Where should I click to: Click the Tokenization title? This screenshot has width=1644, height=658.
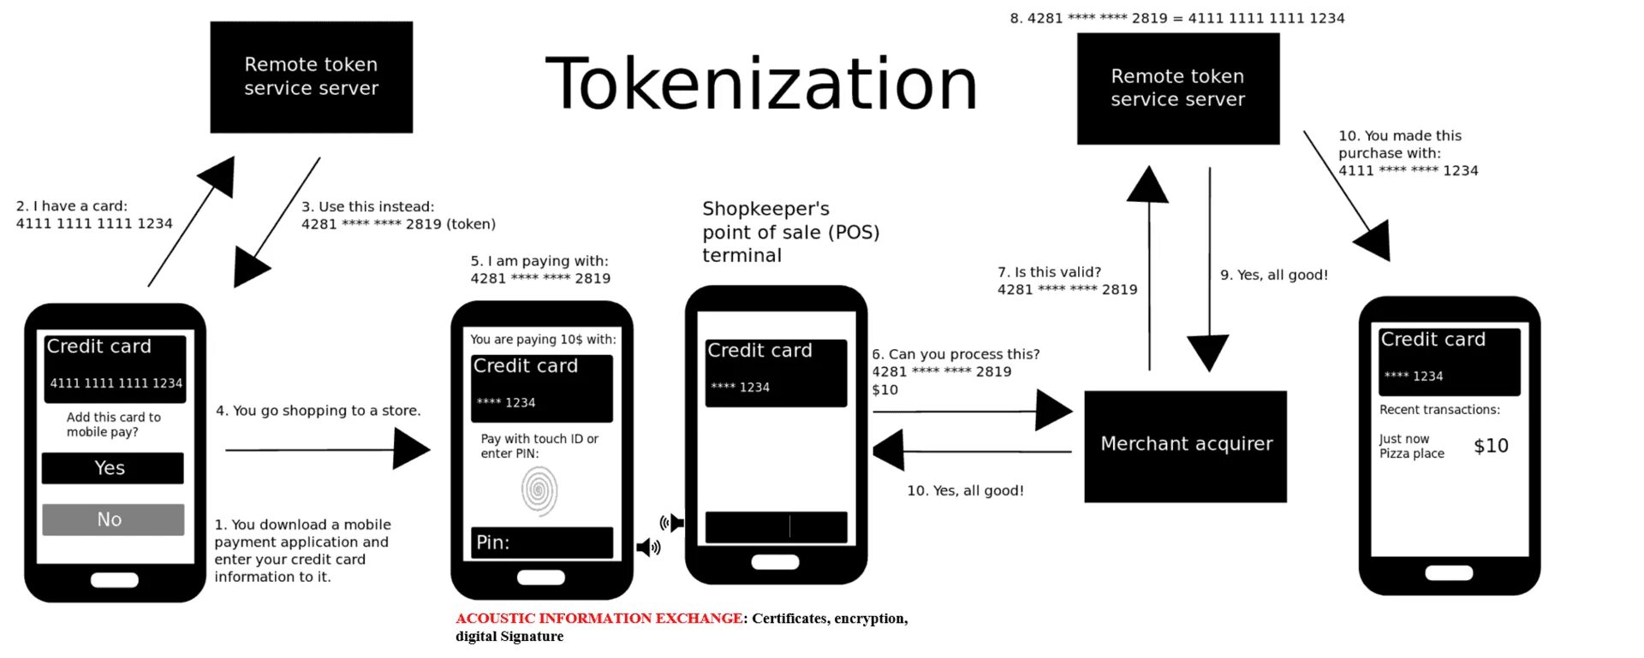(760, 84)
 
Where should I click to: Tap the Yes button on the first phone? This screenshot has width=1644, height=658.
(112, 468)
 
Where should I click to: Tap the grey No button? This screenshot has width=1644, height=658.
(112, 519)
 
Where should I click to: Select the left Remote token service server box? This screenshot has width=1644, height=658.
(311, 77)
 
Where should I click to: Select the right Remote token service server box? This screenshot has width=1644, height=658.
(1177, 88)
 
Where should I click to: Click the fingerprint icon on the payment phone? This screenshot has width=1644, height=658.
(539, 490)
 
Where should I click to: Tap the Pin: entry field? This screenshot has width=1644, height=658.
(542, 542)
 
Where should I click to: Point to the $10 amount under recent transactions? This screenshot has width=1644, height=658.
(1491, 446)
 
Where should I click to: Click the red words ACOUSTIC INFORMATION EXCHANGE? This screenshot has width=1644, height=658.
(599, 618)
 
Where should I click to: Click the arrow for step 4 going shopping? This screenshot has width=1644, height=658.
(327, 449)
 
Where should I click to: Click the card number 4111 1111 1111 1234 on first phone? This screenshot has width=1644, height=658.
(116, 383)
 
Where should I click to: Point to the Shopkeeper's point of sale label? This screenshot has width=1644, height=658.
(789, 232)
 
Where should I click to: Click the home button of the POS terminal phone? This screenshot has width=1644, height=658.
(775, 562)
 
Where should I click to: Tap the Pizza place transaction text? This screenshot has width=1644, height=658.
(1411, 453)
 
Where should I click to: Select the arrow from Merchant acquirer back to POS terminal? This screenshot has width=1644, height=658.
(972, 451)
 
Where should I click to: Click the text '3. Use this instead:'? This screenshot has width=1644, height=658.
(367, 206)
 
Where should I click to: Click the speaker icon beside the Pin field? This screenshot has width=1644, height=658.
(648, 547)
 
